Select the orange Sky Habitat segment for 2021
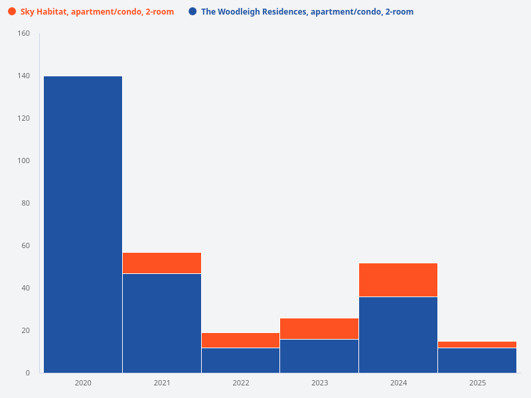[162, 263]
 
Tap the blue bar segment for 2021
[162, 323]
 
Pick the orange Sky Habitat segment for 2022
[240, 340]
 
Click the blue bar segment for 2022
[240, 360]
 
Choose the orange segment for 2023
[319, 328]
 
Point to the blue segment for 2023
[319, 356]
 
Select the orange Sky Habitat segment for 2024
[398, 280]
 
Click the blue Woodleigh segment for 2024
[398, 335]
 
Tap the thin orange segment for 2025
[477, 344]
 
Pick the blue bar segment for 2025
[477, 360]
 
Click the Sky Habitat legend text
[97, 12]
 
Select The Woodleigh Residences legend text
[307, 12]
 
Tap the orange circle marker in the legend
[12, 12]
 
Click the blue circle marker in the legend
[192, 12]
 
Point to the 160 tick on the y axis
[23, 34]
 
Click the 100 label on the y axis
[23, 161]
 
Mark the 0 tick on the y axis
[28, 373]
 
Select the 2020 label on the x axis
[83, 383]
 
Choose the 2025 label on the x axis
[477, 383]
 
